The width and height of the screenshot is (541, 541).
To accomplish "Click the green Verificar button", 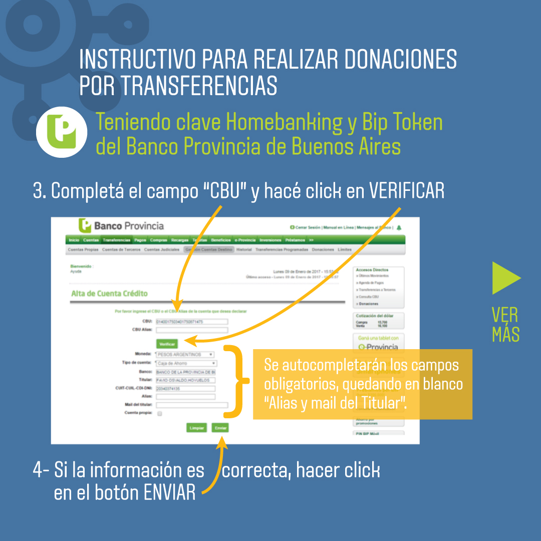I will coord(167,344).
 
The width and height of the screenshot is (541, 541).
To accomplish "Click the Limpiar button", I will coord(196,428).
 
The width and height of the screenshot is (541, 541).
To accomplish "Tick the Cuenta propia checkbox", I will coord(160,414).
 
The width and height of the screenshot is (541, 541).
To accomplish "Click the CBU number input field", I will coord(191,322).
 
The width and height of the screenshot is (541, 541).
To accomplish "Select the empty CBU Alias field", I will coord(191,330).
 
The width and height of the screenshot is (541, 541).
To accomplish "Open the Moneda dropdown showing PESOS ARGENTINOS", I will coord(185,355).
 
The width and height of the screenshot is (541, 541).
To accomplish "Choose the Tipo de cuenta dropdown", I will coord(186,363).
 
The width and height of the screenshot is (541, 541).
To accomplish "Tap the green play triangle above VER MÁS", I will coord(505,278).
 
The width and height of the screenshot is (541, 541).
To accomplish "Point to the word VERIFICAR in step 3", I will coord(406,191).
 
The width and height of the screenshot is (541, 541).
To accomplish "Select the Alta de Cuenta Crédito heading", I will coord(109,294).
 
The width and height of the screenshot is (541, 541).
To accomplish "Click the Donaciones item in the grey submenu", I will coord(322,249).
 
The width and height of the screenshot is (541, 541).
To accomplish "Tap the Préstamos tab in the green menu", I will coord(295,240).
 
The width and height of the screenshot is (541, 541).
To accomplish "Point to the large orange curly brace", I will coord(235,381).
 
